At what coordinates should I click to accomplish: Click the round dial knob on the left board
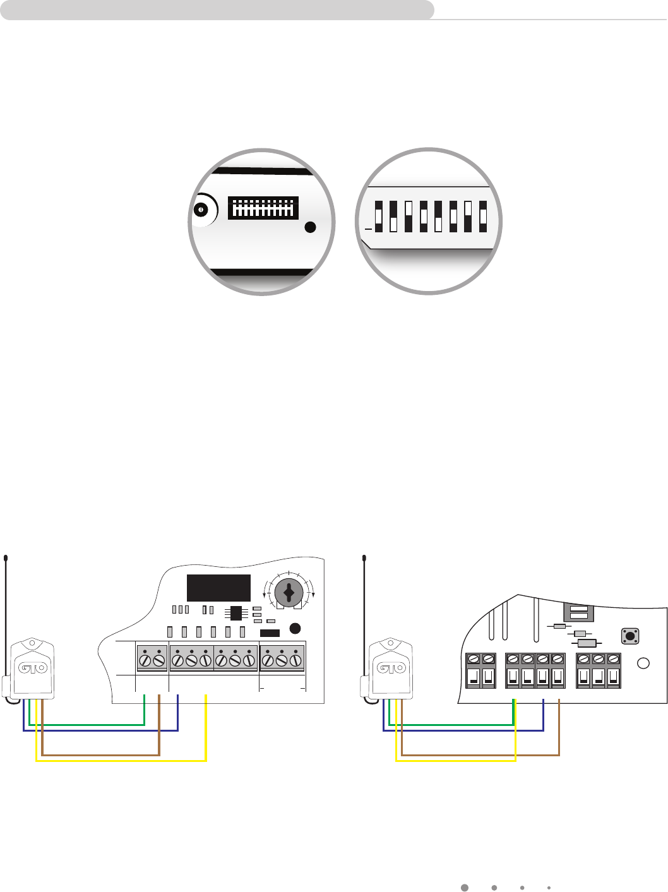(289, 593)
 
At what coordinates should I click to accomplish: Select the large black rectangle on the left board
(218, 588)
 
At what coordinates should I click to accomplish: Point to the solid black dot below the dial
(295, 628)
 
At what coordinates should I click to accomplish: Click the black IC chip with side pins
(236, 613)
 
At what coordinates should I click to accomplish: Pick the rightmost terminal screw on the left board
(294, 662)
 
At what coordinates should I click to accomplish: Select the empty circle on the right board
(643, 663)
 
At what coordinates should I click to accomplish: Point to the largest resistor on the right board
(587, 643)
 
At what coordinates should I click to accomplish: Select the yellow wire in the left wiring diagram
(120, 761)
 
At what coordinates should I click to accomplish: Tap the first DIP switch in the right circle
(379, 217)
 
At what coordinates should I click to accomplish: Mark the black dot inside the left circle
(309, 228)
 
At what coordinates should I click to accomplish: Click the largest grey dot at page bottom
(464, 887)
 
